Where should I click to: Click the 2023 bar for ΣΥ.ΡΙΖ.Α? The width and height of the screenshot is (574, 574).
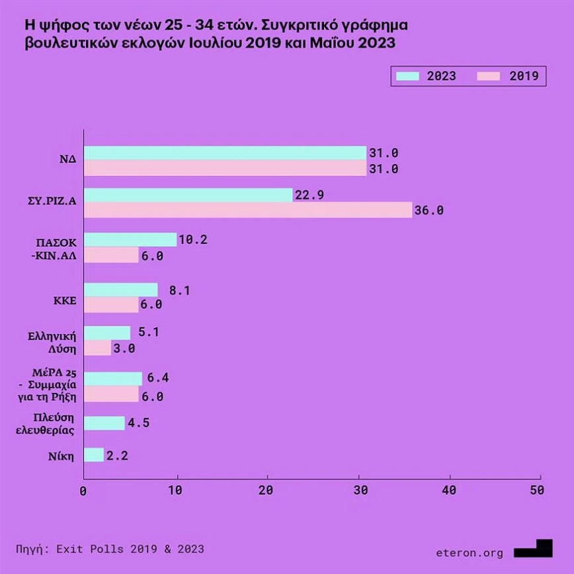(188, 195)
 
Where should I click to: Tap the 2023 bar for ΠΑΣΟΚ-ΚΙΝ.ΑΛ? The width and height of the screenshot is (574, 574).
(130, 240)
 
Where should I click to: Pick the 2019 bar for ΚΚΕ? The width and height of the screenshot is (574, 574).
(111, 304)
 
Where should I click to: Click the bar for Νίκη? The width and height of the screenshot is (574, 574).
(94, 455)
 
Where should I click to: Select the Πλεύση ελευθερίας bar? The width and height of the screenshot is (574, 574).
(104, 423)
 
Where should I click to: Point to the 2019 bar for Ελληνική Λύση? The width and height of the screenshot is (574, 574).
(97, 348)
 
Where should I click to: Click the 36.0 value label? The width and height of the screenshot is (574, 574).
(428, 212)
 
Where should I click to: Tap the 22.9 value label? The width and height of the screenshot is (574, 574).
(309, 195)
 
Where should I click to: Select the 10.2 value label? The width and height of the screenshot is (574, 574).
(193, 240)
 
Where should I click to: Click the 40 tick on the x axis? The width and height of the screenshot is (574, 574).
(450, 491)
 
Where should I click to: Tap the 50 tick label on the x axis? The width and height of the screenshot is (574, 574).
(537, 491)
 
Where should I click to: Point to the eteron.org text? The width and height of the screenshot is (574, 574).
(470, 553)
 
